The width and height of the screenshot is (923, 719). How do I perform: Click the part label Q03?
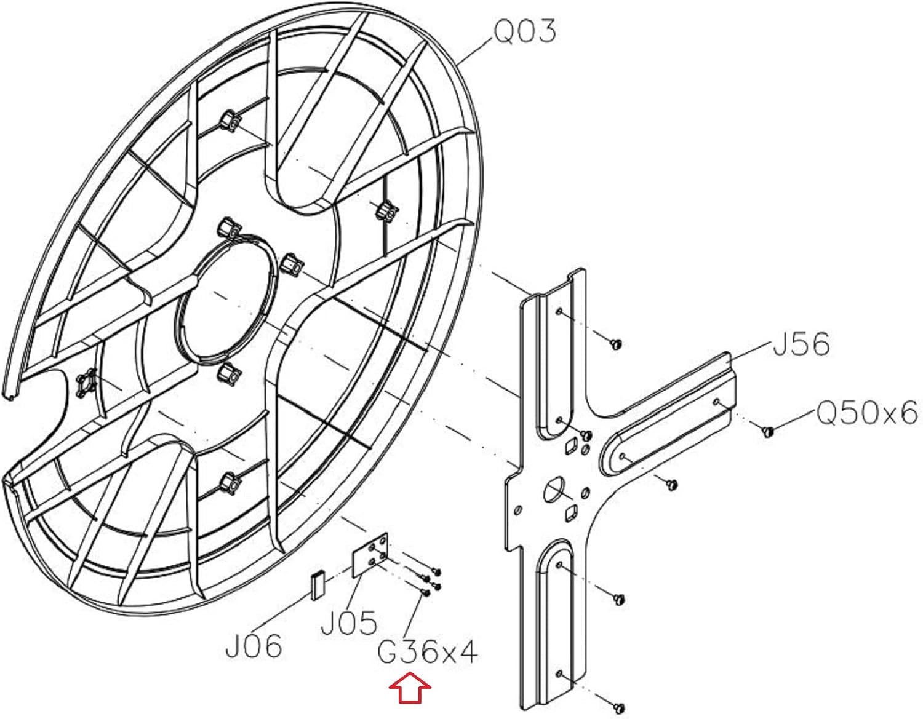click(524, 32)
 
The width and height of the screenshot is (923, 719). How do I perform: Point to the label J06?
click(254, 646)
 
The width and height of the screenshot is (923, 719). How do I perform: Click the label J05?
click(348, 622)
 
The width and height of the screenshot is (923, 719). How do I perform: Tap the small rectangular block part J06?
click(318, 586)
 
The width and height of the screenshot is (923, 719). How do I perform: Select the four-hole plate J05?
click(370, 555)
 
